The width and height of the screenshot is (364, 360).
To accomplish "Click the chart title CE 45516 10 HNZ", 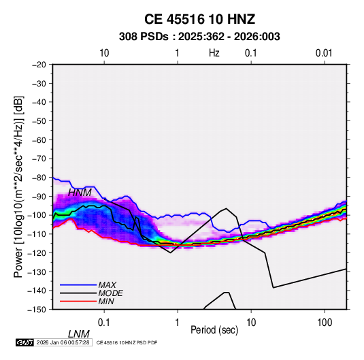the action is [199, 19].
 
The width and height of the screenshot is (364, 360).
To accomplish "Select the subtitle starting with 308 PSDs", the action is [199, 37].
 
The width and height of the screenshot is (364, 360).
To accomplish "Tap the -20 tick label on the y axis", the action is [39, 65].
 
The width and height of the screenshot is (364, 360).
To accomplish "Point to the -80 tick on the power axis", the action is [39, 178].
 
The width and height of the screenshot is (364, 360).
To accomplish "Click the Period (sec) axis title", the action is [214, 330].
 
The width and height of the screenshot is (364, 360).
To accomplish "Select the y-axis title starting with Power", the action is [18, 186].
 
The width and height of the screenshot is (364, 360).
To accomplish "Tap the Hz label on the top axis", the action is [214, 53].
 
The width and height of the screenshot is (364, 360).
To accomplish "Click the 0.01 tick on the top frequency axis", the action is [324, 53].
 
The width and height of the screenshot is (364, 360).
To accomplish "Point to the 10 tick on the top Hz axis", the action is [104, 53].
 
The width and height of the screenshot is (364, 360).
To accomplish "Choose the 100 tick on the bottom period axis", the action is [325, 323].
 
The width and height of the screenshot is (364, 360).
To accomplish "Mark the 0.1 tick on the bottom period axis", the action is [104, 323].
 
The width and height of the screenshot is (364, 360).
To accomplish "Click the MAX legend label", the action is [107, 284].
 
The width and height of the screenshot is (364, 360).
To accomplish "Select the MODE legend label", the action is [110, 293].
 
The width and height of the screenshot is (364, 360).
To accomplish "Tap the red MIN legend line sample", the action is [78, 301].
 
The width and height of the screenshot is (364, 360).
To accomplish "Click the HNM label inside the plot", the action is [80, 193].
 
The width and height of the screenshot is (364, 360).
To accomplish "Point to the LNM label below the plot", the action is [79, 334].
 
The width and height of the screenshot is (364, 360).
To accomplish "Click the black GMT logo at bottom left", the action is [25, 342].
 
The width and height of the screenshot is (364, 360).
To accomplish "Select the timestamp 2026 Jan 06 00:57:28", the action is [63, 342].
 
